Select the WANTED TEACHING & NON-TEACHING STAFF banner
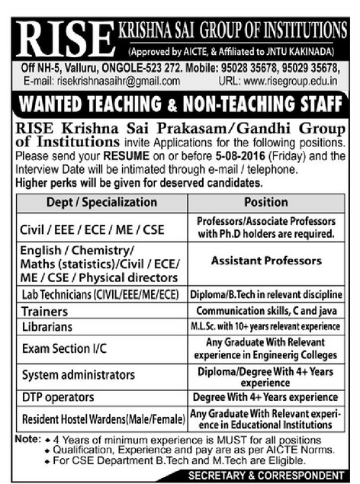pyautogui.click(x=180, y=103)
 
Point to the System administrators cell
pyautogui.click(x=78, y=375)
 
